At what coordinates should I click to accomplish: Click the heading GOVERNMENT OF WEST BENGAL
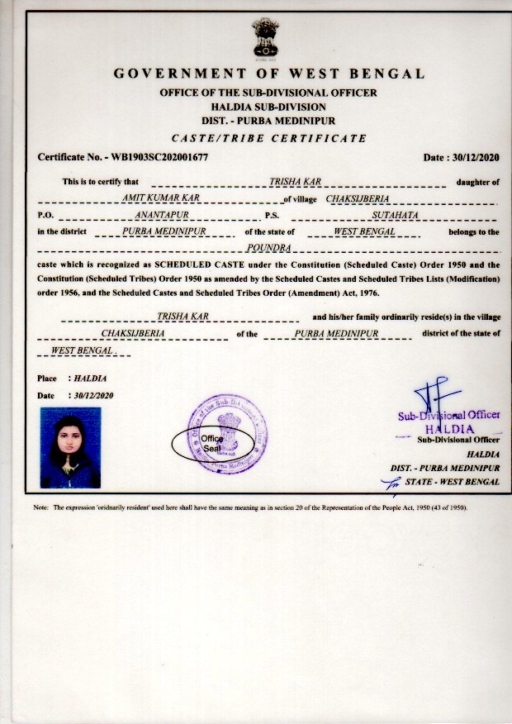(268, 74)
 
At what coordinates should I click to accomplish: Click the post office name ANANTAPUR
(168, 216)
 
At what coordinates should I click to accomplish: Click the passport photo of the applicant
(69, 447)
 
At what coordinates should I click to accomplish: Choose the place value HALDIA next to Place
(90, 379)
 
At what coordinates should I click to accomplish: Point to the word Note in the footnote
(41, 507)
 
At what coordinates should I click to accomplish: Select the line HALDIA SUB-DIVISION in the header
(268, 107)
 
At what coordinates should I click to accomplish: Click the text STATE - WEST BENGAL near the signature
(450, 481)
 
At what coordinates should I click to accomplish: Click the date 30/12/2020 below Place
(93, 396)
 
